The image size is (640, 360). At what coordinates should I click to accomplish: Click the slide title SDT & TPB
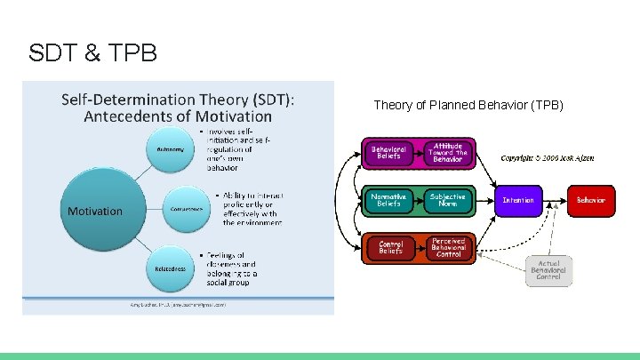tap(92, 54)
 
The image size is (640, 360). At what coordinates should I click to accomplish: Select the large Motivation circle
tap(95, 211)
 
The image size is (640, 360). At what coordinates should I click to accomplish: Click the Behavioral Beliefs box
tap(388, 153)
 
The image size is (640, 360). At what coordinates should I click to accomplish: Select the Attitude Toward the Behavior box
tap(447, 153)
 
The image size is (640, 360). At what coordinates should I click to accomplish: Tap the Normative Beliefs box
tap(388, 200)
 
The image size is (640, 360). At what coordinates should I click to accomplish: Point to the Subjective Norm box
tap(448, 200)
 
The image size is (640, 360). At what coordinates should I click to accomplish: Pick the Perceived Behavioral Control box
tap(448, 248)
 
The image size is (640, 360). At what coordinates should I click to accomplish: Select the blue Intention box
tap(518, 200)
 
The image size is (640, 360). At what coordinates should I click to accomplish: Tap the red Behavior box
tap(590, 200)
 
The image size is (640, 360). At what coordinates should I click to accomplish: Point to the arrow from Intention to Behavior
tap(555, 200)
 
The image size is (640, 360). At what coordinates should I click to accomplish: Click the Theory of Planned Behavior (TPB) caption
tap(468, 106)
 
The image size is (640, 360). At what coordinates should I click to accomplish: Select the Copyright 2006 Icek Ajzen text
tap(547, 158)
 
